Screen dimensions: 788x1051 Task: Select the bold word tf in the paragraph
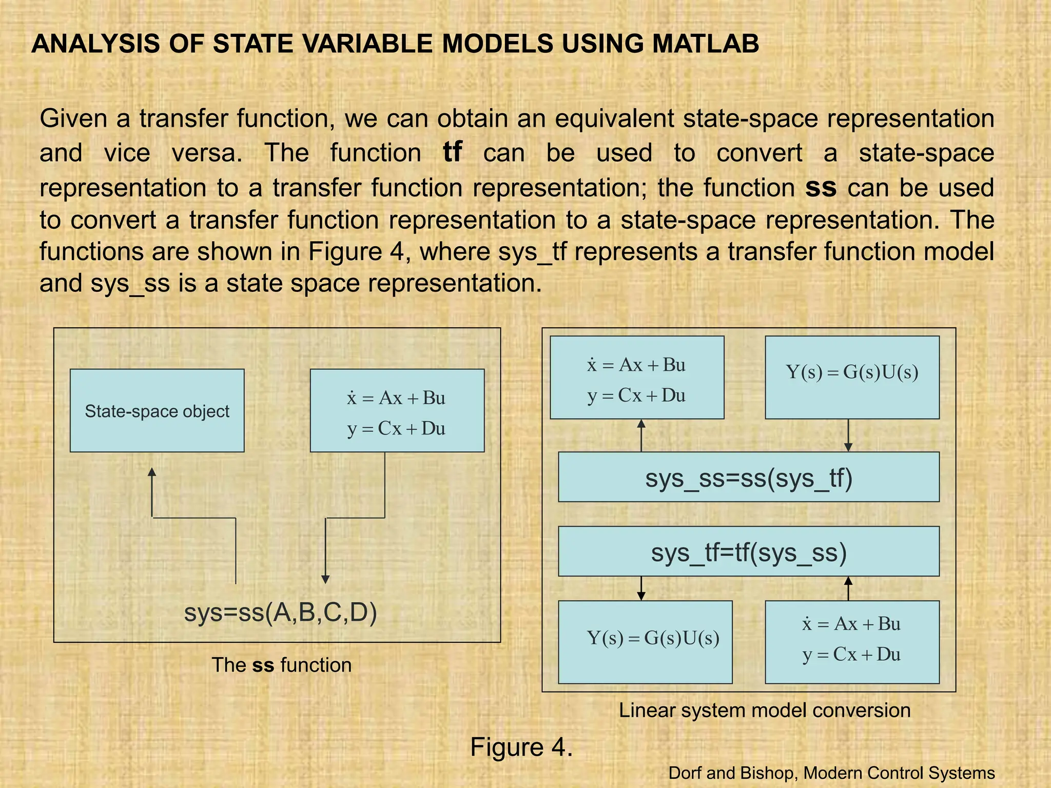point(452,152)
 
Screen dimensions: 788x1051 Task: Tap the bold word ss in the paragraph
point(821,187)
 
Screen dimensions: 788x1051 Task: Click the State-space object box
point(157,410)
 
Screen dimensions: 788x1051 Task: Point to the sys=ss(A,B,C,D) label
point(280,612)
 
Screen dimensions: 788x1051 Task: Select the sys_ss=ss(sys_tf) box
point(749,477)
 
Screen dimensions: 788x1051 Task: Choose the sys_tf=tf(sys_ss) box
point(749,552)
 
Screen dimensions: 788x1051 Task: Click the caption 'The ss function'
point(281,665)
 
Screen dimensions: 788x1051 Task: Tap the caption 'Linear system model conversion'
point(764,710)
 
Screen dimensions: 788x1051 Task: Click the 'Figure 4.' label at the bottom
point(521,747)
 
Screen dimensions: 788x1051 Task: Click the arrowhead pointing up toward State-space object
point(152,472)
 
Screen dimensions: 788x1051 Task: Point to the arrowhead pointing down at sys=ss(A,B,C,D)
point(325,579)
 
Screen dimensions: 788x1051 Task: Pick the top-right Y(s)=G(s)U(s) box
point(852,378)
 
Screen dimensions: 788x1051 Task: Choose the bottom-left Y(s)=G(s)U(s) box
point(645,642)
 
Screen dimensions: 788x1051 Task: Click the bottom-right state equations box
point(852,642)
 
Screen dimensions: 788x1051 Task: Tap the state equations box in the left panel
point(397,410)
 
